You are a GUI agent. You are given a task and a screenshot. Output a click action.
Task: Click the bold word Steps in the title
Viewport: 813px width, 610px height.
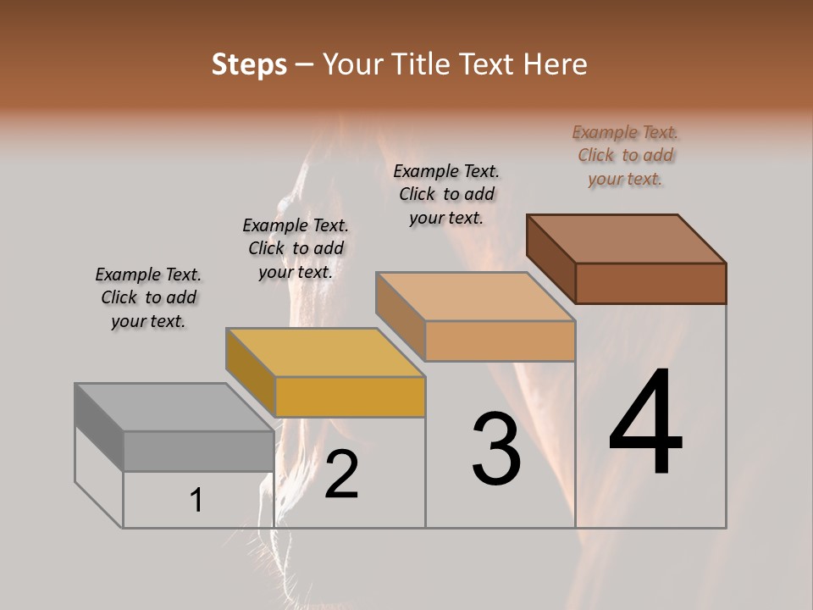coord(249,64)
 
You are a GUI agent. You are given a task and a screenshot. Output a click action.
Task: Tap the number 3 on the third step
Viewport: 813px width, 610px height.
coord(495,448)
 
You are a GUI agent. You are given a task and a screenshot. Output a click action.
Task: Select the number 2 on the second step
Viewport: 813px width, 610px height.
coord(341,474)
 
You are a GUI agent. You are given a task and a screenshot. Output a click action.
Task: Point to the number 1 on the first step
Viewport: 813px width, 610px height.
coord(196,501)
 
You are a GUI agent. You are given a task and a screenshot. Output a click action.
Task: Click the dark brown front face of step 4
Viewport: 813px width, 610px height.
coord(650,283)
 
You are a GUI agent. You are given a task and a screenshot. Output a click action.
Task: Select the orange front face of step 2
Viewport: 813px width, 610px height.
coord(350,396)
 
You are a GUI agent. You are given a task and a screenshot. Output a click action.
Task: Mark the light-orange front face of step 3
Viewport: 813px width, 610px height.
coord(500,341)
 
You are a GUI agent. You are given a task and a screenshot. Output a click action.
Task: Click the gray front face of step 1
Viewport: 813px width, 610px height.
coord(198,451)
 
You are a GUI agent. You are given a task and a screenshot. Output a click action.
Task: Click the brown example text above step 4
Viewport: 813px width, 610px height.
coord(625,155)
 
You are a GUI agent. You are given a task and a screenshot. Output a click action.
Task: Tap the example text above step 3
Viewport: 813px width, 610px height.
coord(446,194)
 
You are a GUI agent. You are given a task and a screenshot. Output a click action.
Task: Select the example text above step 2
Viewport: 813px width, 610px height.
coord(296,248)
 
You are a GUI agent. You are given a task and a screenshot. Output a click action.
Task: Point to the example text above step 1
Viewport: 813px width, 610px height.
coord(148,297)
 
